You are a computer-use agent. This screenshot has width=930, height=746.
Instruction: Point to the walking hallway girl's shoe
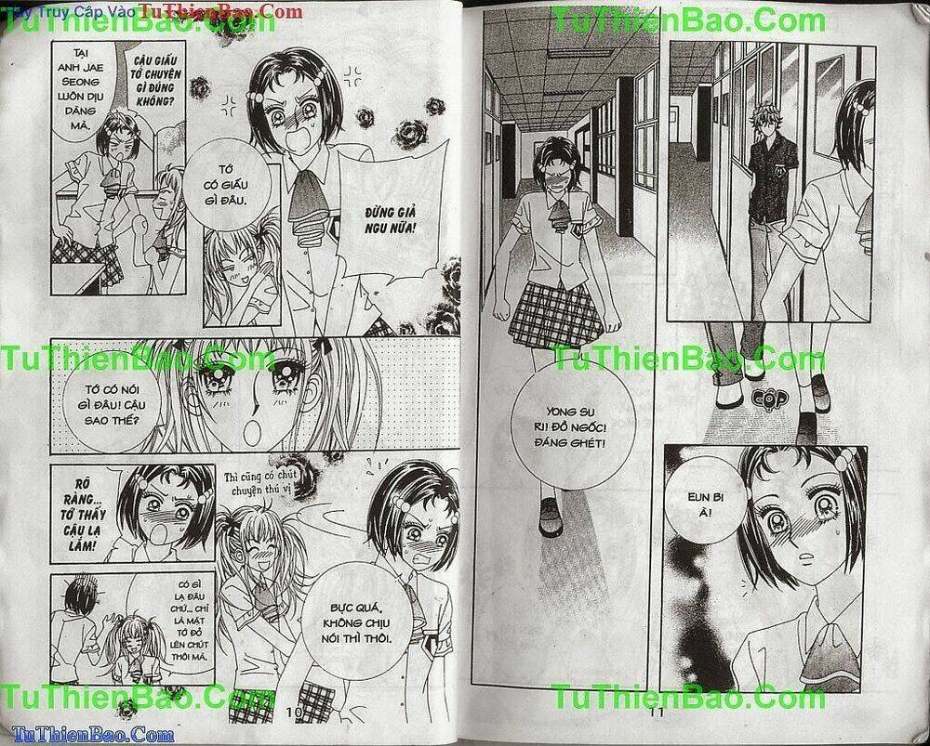(551, 516)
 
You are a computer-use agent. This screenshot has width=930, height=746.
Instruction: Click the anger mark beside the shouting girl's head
(353, 73)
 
